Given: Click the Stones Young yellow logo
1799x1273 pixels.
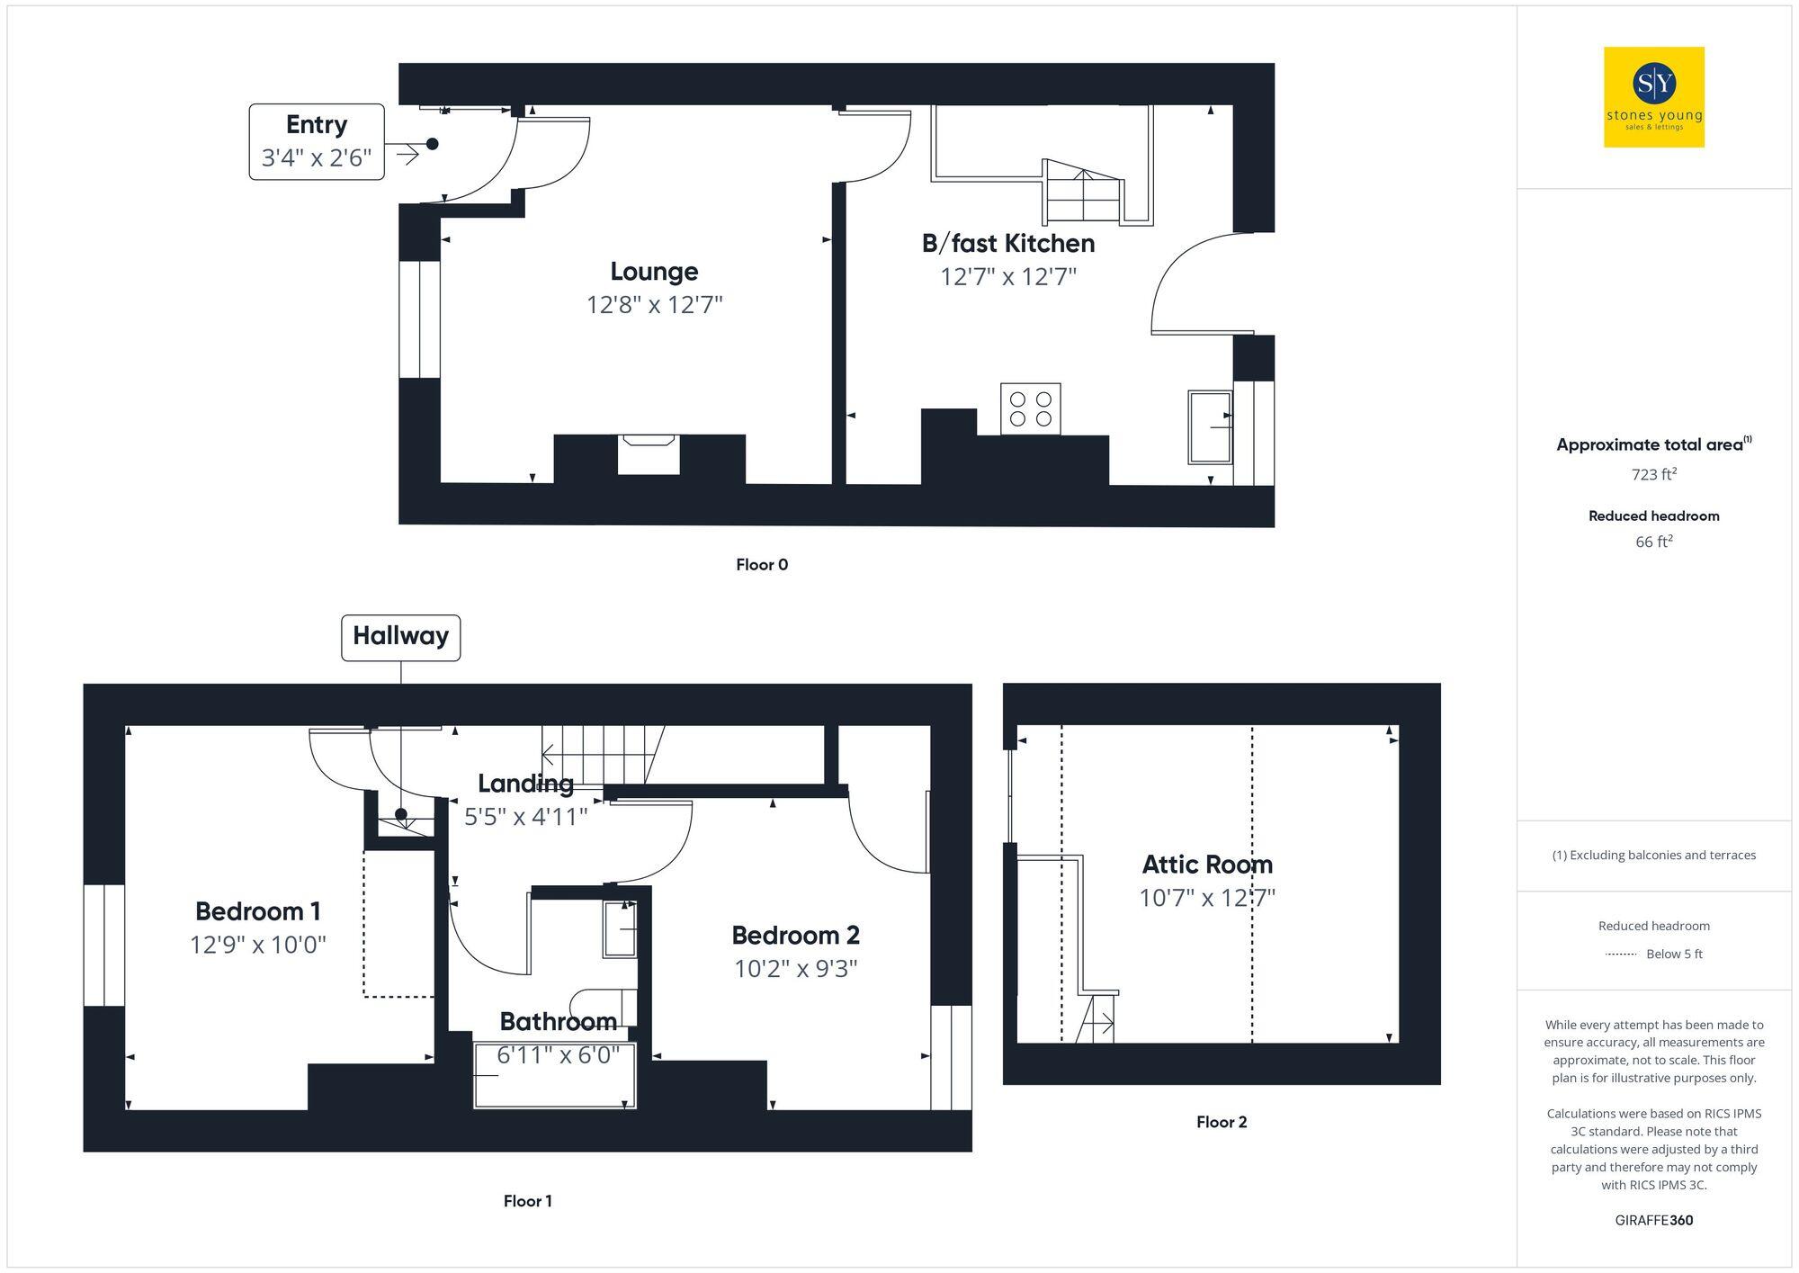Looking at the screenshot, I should point(1653,97).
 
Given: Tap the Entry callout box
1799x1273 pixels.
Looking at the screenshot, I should point(317,142).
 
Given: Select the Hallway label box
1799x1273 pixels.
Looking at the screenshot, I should point(400,637).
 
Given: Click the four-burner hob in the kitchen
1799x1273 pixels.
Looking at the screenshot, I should point(1030,408).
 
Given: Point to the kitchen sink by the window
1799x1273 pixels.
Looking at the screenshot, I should point(1210,427).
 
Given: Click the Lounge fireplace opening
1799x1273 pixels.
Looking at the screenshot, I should point(649,454).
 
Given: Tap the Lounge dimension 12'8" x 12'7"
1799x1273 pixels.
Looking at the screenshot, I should point(654,305).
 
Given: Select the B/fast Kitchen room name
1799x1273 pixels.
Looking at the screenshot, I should point(1007,243).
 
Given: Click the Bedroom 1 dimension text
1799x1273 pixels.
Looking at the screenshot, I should point(257,945).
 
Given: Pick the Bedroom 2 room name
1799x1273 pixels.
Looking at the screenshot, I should point(795,936).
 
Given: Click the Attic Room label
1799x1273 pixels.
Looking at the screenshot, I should point(1207,865).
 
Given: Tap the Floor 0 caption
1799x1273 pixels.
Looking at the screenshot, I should point(761,565).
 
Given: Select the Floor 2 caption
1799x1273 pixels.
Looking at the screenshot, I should point(1221,1122).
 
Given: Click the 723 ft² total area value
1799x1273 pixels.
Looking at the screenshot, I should point(1653,474).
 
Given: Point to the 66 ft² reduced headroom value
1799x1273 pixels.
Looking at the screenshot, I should point(1653,542).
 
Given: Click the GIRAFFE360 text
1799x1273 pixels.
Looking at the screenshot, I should point(1653,1220).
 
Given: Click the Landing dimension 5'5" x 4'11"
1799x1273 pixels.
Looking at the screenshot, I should point(525,817).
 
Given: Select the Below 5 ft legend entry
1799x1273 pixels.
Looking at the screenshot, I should point(1673,954).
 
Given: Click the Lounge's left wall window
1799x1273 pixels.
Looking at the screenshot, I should point(419,319).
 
